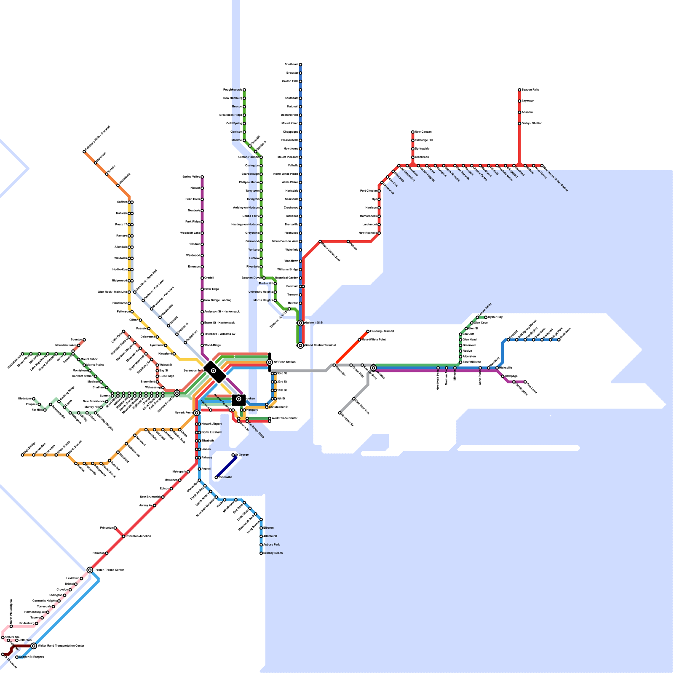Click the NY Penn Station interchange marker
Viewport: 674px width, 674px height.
(x=270, y=362)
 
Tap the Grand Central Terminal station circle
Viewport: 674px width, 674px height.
(x=300, y=345)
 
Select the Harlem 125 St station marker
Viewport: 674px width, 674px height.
(x=300, y=323)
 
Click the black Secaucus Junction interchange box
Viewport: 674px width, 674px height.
(x=214, y=371)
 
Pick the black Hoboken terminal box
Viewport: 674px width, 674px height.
(x=239, y=399)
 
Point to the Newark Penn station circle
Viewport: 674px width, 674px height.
(x=197, y=413)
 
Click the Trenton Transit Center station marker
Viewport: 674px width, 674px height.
(x=90, y=570)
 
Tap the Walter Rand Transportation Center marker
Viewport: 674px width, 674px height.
(x=34, y=646)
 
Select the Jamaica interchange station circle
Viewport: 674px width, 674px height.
(x=373, y=368)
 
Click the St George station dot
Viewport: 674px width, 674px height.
(x=233, y=455)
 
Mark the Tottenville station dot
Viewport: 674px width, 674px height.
(x=216, y=477)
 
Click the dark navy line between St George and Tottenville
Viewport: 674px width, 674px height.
(x=225, y=466)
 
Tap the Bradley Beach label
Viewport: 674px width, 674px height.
(x=273, y=553)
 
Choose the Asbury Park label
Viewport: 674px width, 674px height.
(x=271, y=545)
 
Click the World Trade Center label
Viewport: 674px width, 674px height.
(x=285, y=418)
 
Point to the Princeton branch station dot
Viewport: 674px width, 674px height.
(x=115, y=528)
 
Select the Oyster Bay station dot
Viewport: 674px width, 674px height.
(x=486, y=317)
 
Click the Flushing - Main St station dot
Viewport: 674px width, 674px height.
(x=368, y=331)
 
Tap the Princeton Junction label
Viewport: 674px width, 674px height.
(x=139, y=536)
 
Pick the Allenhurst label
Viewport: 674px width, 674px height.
(x=270, y=536)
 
